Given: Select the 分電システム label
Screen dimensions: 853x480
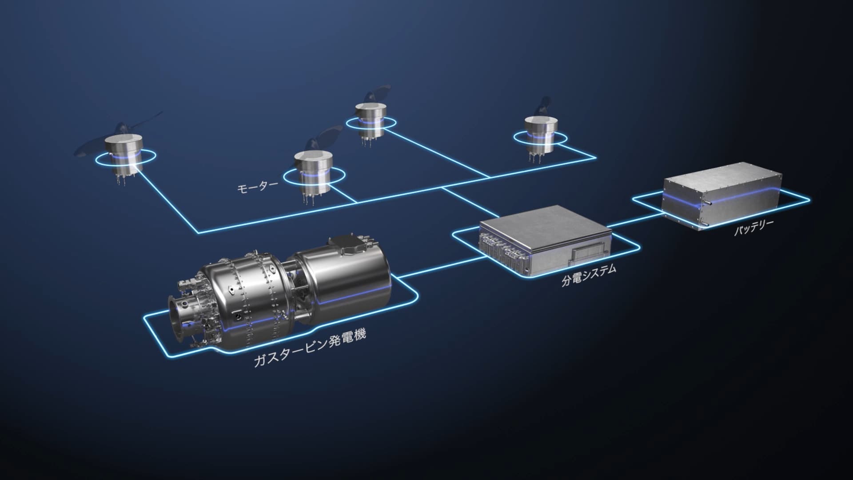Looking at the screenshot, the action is click(589, 275).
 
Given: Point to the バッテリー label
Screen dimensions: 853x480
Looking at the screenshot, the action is click(753, 227).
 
